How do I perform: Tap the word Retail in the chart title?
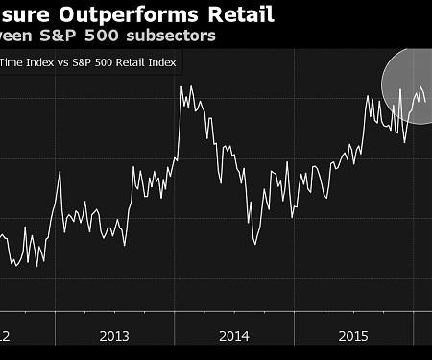tap(240, 14)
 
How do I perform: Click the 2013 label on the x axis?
tap(114, 336)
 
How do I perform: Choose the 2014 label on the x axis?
tap(234, 336)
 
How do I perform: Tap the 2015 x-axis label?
tap(354, 336)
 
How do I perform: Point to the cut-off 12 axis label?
tap(5, 336)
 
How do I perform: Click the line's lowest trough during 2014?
tap(255, 243)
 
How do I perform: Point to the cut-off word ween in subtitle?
tap(19, 36)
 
